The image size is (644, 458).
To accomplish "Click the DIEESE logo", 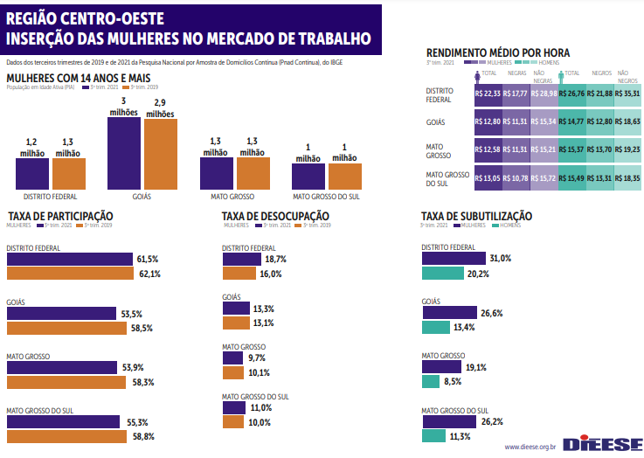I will point(602,445).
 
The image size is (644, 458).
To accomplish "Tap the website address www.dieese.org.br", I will point(530,448).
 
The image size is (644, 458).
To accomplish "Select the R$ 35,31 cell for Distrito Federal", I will point(628,94).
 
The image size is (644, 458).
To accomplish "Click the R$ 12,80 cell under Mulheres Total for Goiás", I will point(487,121).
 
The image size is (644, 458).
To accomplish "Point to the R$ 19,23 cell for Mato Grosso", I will point(628,149).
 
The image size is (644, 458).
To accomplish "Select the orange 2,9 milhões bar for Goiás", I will point(160,154).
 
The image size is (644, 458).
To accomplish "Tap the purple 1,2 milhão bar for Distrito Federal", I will point(31,174).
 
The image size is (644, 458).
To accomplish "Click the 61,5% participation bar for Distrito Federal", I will point(69,260).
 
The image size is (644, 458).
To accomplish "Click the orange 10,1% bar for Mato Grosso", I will point(232,372).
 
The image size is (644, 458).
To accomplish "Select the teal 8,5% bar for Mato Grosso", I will point(430,382).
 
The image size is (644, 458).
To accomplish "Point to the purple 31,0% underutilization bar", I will point(453,259).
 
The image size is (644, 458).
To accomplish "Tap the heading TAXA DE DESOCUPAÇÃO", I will point(275,216).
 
